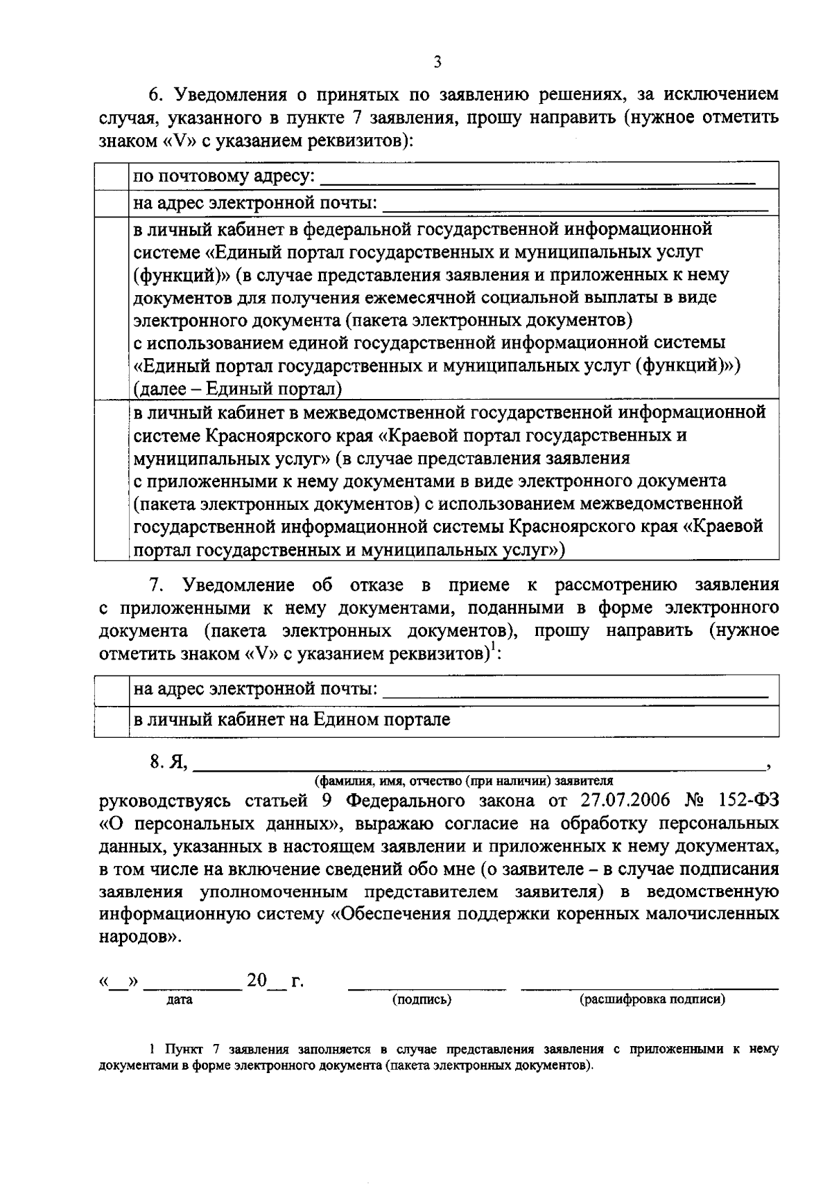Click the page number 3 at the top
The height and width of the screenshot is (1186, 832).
pos(437,62)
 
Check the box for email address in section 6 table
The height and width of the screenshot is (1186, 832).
pos(112,203)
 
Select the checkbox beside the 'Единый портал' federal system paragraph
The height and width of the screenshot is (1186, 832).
pos(112,308)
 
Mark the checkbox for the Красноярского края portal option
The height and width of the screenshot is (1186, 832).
pos(112,481)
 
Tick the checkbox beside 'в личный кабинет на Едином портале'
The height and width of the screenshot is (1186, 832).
pos(112,720)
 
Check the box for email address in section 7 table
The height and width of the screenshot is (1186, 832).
pos(112,690)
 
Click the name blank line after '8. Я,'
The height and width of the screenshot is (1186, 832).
pos(478,768)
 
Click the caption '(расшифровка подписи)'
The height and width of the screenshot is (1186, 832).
pos(652,1000)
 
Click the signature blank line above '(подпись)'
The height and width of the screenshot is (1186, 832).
pos(426,987)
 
